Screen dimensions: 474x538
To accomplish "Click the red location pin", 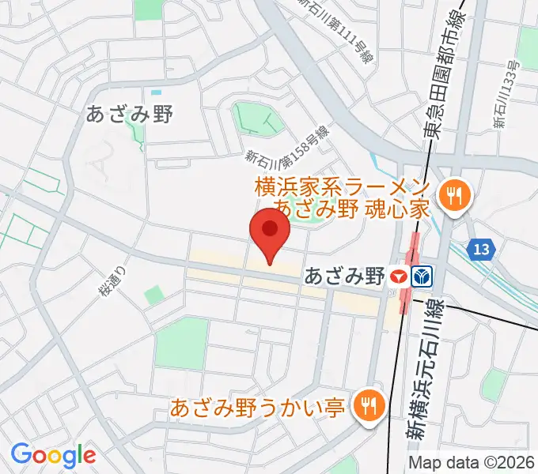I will [270, 231].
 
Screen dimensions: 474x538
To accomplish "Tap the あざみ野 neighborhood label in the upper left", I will [130, 115].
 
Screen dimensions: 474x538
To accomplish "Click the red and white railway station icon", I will [400, 276].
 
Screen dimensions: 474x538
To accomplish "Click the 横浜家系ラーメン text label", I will [343, 189].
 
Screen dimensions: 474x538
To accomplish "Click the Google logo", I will [53, 454].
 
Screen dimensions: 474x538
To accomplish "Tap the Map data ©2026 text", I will [471, 463].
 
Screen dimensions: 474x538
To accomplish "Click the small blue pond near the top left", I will [156, 92].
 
